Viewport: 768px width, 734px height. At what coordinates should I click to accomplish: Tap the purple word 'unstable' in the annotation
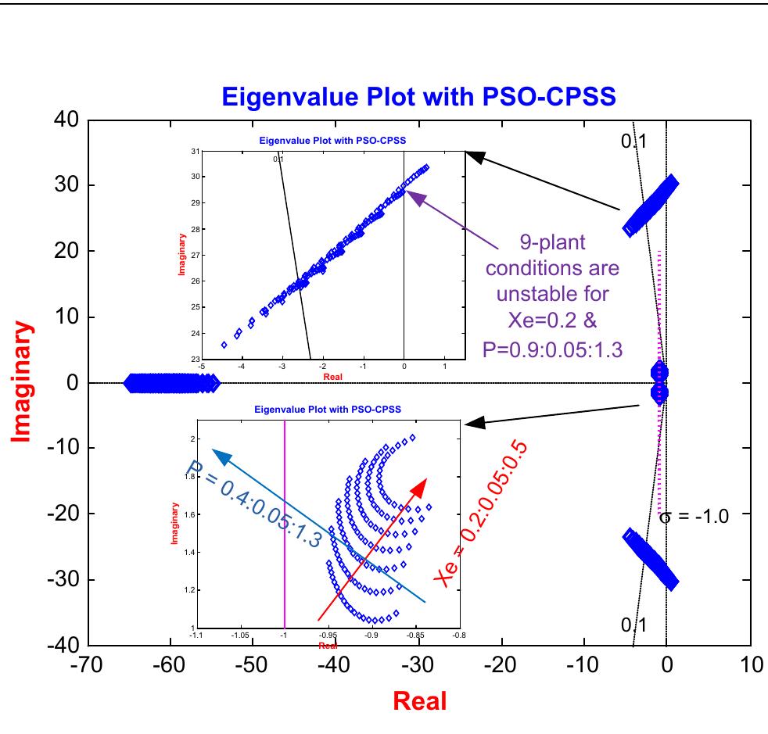point(554,294)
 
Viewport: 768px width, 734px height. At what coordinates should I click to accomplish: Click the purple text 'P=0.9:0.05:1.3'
point(554,348)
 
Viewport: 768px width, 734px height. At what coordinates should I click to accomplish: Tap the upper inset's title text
point(336,141)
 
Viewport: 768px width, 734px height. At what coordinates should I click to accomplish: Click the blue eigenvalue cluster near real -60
point(170,383)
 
